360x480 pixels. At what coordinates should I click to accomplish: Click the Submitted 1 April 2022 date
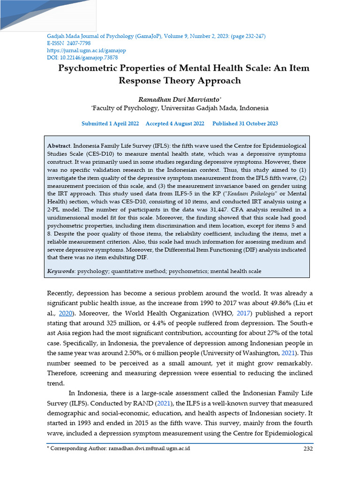tap(110, 124)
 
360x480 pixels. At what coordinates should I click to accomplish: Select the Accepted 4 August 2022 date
tap(175, 124)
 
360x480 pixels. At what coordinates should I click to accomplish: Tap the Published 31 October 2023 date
tap(245, 124)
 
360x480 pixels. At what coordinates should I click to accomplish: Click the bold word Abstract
tap(60, 146)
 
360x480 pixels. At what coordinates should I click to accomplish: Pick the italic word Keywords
tap(61, 271)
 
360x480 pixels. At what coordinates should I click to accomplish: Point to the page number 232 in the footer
tap(307, 449)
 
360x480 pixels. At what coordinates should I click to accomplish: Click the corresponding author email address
tap(149, 449)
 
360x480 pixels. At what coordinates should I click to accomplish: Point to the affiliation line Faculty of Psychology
tap(180, 108)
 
